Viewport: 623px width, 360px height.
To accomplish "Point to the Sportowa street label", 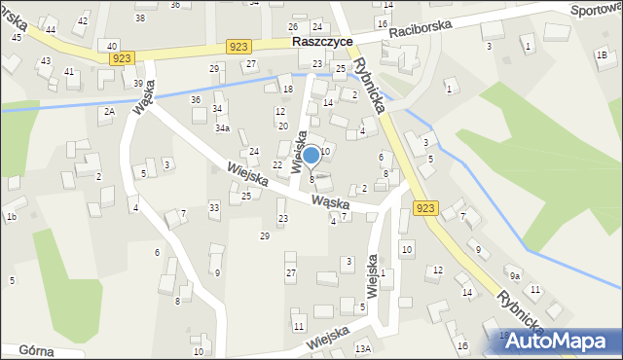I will (597, 10).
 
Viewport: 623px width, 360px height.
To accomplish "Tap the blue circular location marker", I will (311, 155).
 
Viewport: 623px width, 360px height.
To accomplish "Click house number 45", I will (17, 36).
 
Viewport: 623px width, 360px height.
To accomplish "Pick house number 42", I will (82, 20).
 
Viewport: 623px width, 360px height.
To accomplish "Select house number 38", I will (140, 18).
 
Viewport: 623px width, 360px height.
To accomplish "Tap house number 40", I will (113, 46).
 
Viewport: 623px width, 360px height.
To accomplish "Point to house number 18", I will (287, 90).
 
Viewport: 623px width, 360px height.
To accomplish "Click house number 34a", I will (223, 128).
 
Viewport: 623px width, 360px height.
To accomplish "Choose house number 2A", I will (109, 112).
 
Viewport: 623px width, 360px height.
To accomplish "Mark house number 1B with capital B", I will (602, 54).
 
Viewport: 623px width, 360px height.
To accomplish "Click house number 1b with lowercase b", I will (11, 216).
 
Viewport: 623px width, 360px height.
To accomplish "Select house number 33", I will (214, 207).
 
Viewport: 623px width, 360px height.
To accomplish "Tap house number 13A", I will (363, 348).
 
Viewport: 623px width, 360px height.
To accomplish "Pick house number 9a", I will (514, 275).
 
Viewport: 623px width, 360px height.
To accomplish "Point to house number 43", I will (45, 60).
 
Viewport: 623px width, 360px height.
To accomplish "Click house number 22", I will (277, 164).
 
